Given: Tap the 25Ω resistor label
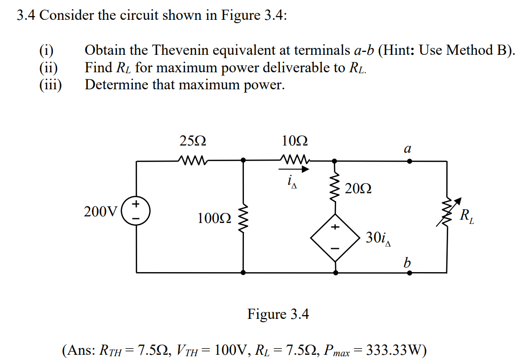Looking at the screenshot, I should point(193,141).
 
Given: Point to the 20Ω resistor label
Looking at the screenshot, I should point(358,189).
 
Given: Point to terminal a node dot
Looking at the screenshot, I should point(409,161).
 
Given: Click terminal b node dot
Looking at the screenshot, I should point(409,273).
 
